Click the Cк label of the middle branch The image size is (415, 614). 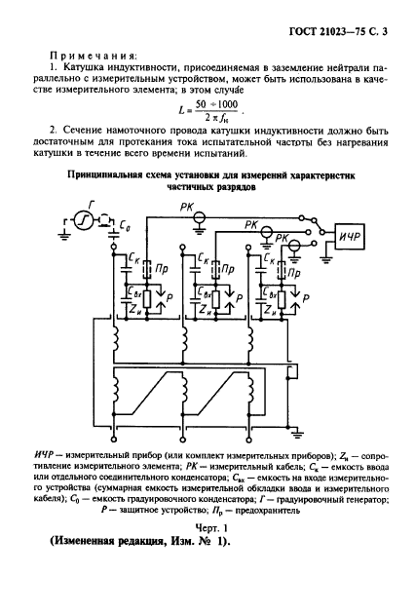point(203,261)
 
